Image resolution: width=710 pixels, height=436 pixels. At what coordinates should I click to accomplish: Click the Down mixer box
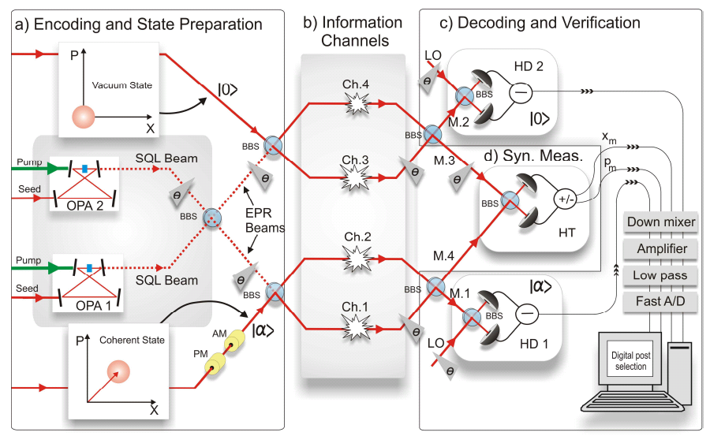661,222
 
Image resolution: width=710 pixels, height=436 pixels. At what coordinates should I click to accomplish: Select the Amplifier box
661,249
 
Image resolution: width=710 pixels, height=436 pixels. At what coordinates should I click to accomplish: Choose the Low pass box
661,275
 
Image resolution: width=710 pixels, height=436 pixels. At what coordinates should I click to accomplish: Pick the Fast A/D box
661,301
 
